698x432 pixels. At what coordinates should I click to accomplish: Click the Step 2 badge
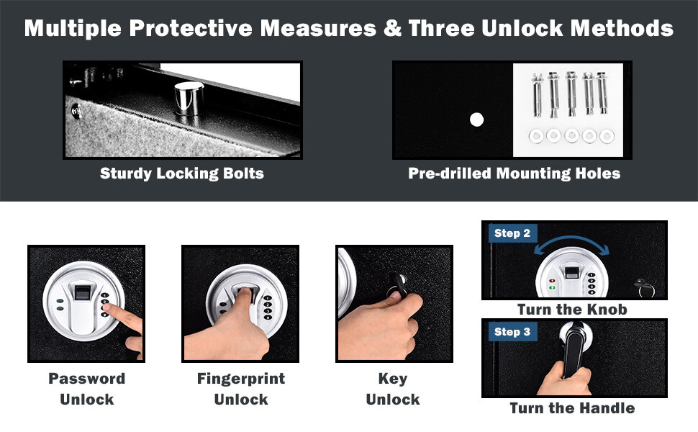tap(512, 233)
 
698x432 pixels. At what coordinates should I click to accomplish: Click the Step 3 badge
tap(512, 331)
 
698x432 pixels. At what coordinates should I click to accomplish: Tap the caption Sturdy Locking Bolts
tap(182, 174)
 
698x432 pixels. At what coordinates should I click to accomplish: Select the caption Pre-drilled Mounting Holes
tap(514, 174)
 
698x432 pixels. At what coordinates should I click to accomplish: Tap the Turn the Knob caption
tap(572, 310)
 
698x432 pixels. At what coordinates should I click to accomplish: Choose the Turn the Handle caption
tap(572, 408)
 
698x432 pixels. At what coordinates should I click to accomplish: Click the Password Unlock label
tap(86, 389)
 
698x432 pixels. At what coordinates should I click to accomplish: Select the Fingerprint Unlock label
tap(240, 389)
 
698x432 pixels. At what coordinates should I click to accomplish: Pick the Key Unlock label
tap(393, 389)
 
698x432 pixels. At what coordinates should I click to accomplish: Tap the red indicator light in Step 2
tap(553, 282)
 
